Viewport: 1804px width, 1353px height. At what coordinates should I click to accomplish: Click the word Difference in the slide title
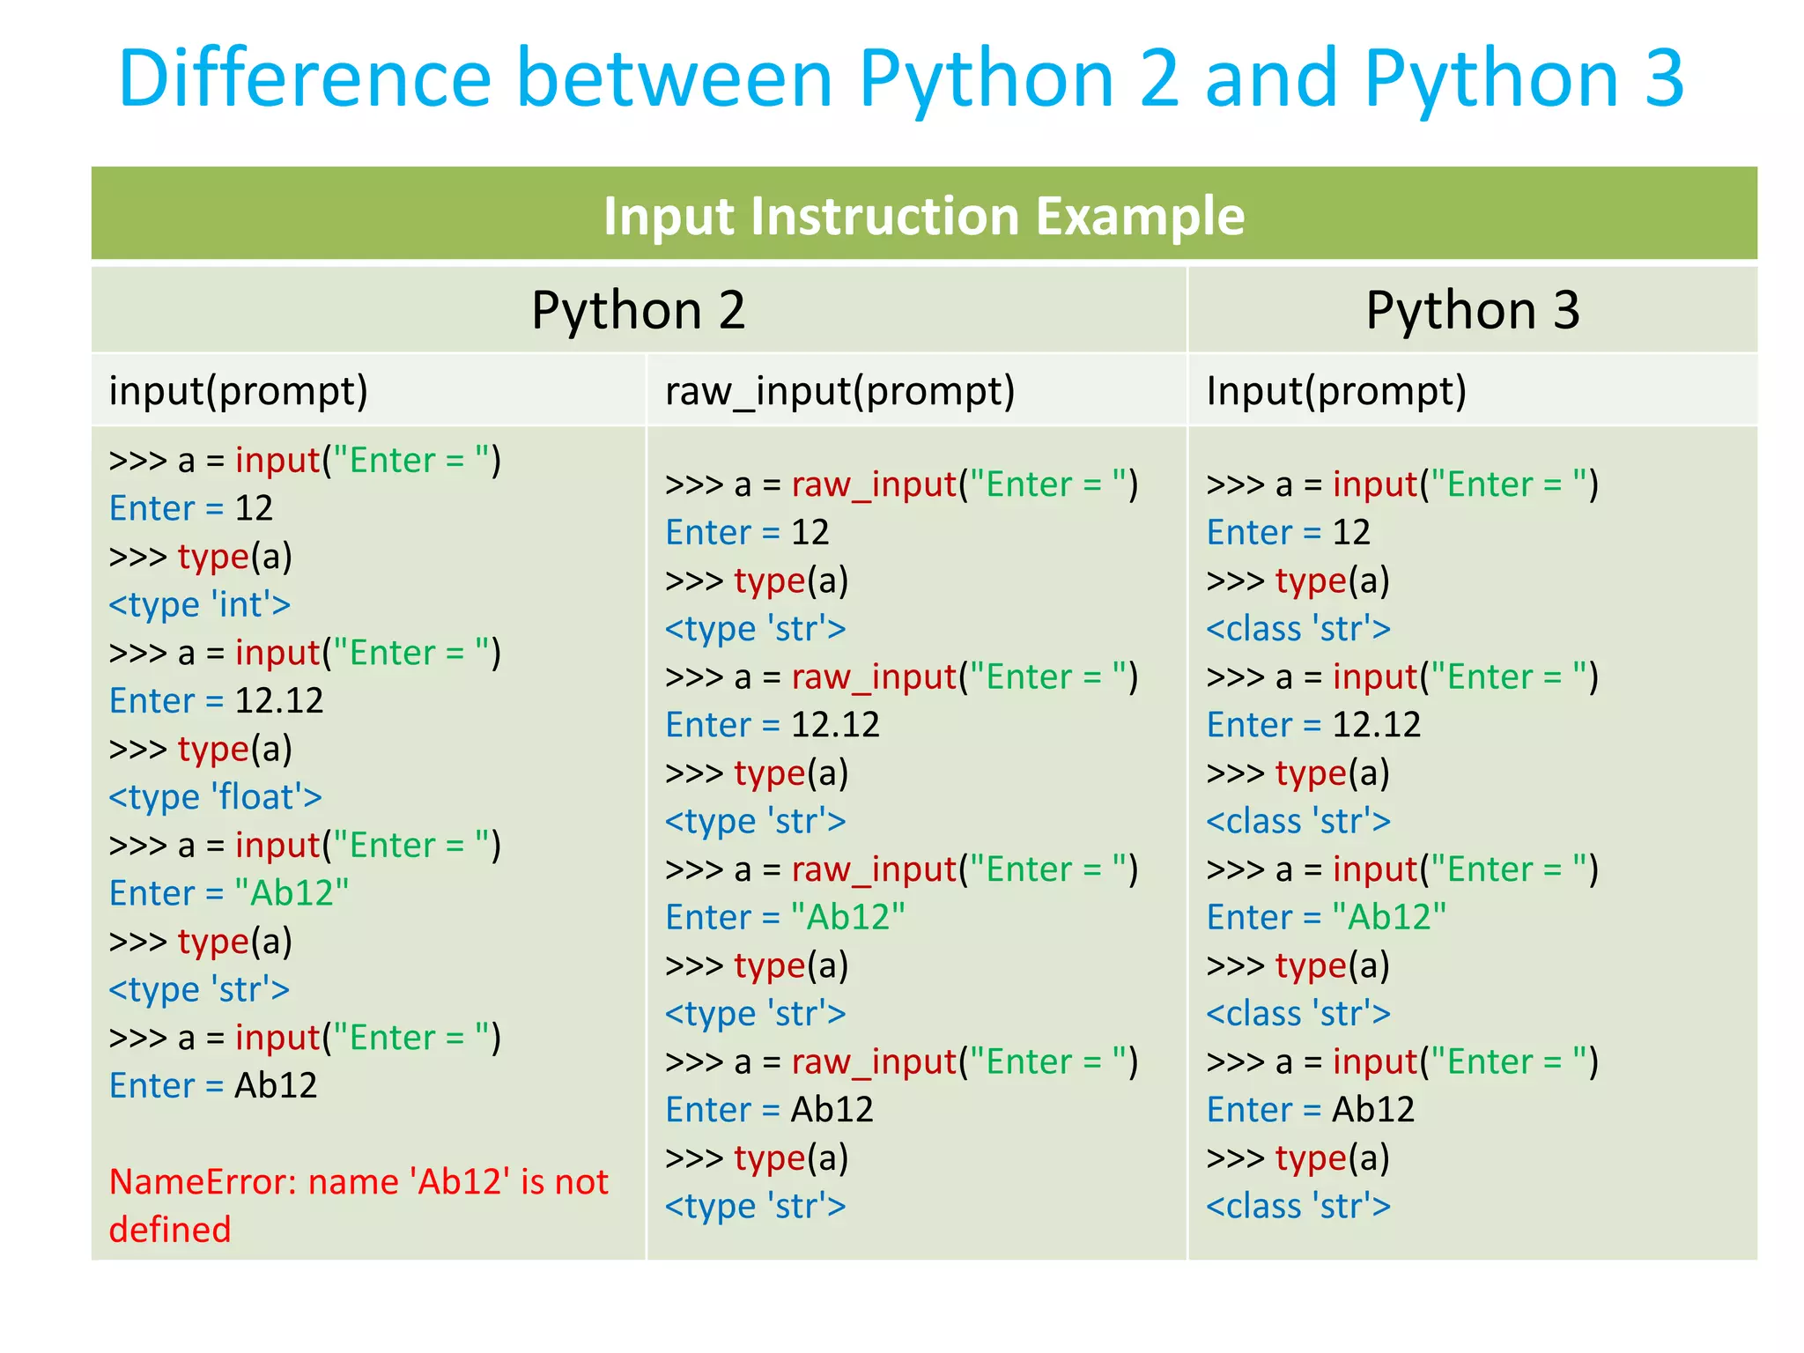pyautogui.click(x=304, y=78)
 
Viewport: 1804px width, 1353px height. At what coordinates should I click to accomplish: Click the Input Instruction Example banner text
pyautogui.click(x=923, y=216)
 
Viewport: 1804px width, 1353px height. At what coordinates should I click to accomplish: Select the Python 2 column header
pyautogui.click(x=638, y=310)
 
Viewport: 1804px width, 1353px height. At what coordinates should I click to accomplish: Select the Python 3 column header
pyautogui.click(x=1472, y=310)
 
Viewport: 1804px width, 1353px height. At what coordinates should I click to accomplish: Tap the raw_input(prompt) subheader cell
pyautogui.click(x=839, y=391)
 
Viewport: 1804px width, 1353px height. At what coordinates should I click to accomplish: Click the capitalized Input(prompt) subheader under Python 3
pyautogui.click(x=1335, y=391)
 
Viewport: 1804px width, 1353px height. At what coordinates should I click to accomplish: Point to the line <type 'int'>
pyautogui.click(x=199, y=605)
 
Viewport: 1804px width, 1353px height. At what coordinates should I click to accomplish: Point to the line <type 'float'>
pyautogui.click(x=215, y=797)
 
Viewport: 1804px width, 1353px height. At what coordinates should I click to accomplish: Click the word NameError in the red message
pyautogui.click(x=202, y=1182)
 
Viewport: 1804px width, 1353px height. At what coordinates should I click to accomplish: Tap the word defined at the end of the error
pyautogui.click(x=169, y=1230)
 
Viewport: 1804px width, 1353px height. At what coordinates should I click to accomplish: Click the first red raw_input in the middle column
pyautogui.click(x=873, y=484)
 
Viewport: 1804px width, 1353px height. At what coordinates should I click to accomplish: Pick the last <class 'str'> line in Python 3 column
pyautogui.click(x=1298, y=1206)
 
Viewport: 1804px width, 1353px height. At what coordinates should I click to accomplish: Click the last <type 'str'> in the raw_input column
pyautogui.click(x=755, y=1206)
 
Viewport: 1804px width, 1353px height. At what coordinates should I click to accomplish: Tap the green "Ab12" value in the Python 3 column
pyautogui.click(x=1388, y=918)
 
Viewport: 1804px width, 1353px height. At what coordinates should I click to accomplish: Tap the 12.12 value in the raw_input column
pyautogui.click(x=835, y=725)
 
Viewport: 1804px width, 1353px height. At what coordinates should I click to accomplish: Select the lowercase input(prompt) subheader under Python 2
pyautogui.click(x=238, y=391)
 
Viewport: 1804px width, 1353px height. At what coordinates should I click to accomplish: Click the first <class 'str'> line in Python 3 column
pyautogui.click(x=1298, y=629)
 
